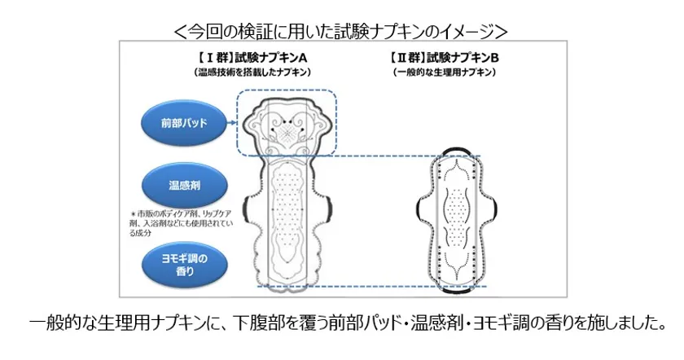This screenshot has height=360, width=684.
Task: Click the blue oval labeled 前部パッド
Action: pyautogui.click(x=184, y=123)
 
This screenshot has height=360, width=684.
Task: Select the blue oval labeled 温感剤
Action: pyautogui.click(x=184, y=186)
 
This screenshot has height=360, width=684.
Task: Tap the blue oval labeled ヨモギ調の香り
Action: pyautogui.click(x=184, y=265)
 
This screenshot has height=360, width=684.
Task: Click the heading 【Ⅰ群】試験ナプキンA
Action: pyautogui.click(x=252, y=58)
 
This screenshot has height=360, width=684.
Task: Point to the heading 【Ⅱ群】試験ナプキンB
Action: pyautogui.click(x=444, y=58)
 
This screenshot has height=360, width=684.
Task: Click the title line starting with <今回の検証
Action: pyautogui.click(x=340, y=31)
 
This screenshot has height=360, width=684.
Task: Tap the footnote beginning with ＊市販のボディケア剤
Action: pyautogui.click(x=182, y=223)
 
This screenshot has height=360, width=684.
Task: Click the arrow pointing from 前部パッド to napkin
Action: pyautogui.click(x=231, y=123)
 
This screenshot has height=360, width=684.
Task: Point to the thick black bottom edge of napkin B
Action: pyautogui.click(x=457, y=290)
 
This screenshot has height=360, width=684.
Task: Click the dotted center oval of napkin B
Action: pyautogui.click(x=457, y=205)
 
